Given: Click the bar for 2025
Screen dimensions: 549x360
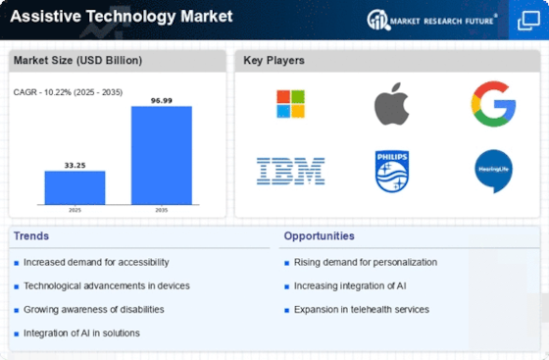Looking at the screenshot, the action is [75, 187].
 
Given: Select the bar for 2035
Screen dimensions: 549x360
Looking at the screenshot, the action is [162, 156].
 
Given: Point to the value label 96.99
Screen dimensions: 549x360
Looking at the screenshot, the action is [162, 100].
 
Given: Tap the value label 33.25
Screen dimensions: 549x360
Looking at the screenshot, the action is [75, 166].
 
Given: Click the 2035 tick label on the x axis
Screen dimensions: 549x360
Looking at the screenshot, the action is [162, 210].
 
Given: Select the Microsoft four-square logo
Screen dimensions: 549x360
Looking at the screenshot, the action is [290, 104].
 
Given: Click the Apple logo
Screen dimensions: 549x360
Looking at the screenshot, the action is [392, 104].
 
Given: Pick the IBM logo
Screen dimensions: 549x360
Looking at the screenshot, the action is [290, 172].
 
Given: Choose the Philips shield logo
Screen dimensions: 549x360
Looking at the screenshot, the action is [392, 172].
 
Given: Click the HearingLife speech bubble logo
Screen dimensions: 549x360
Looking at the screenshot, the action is [494, 171].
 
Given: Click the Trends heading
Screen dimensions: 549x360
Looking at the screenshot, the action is [31, 236].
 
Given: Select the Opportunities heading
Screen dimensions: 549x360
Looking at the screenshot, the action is [319, 236].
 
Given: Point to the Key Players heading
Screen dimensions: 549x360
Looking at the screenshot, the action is [274, 60].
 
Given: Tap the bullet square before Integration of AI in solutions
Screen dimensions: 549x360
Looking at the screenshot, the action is [16, 334].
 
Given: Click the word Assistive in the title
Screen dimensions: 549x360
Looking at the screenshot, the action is [45, 16].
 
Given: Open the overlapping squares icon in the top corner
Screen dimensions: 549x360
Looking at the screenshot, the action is [528, 21].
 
